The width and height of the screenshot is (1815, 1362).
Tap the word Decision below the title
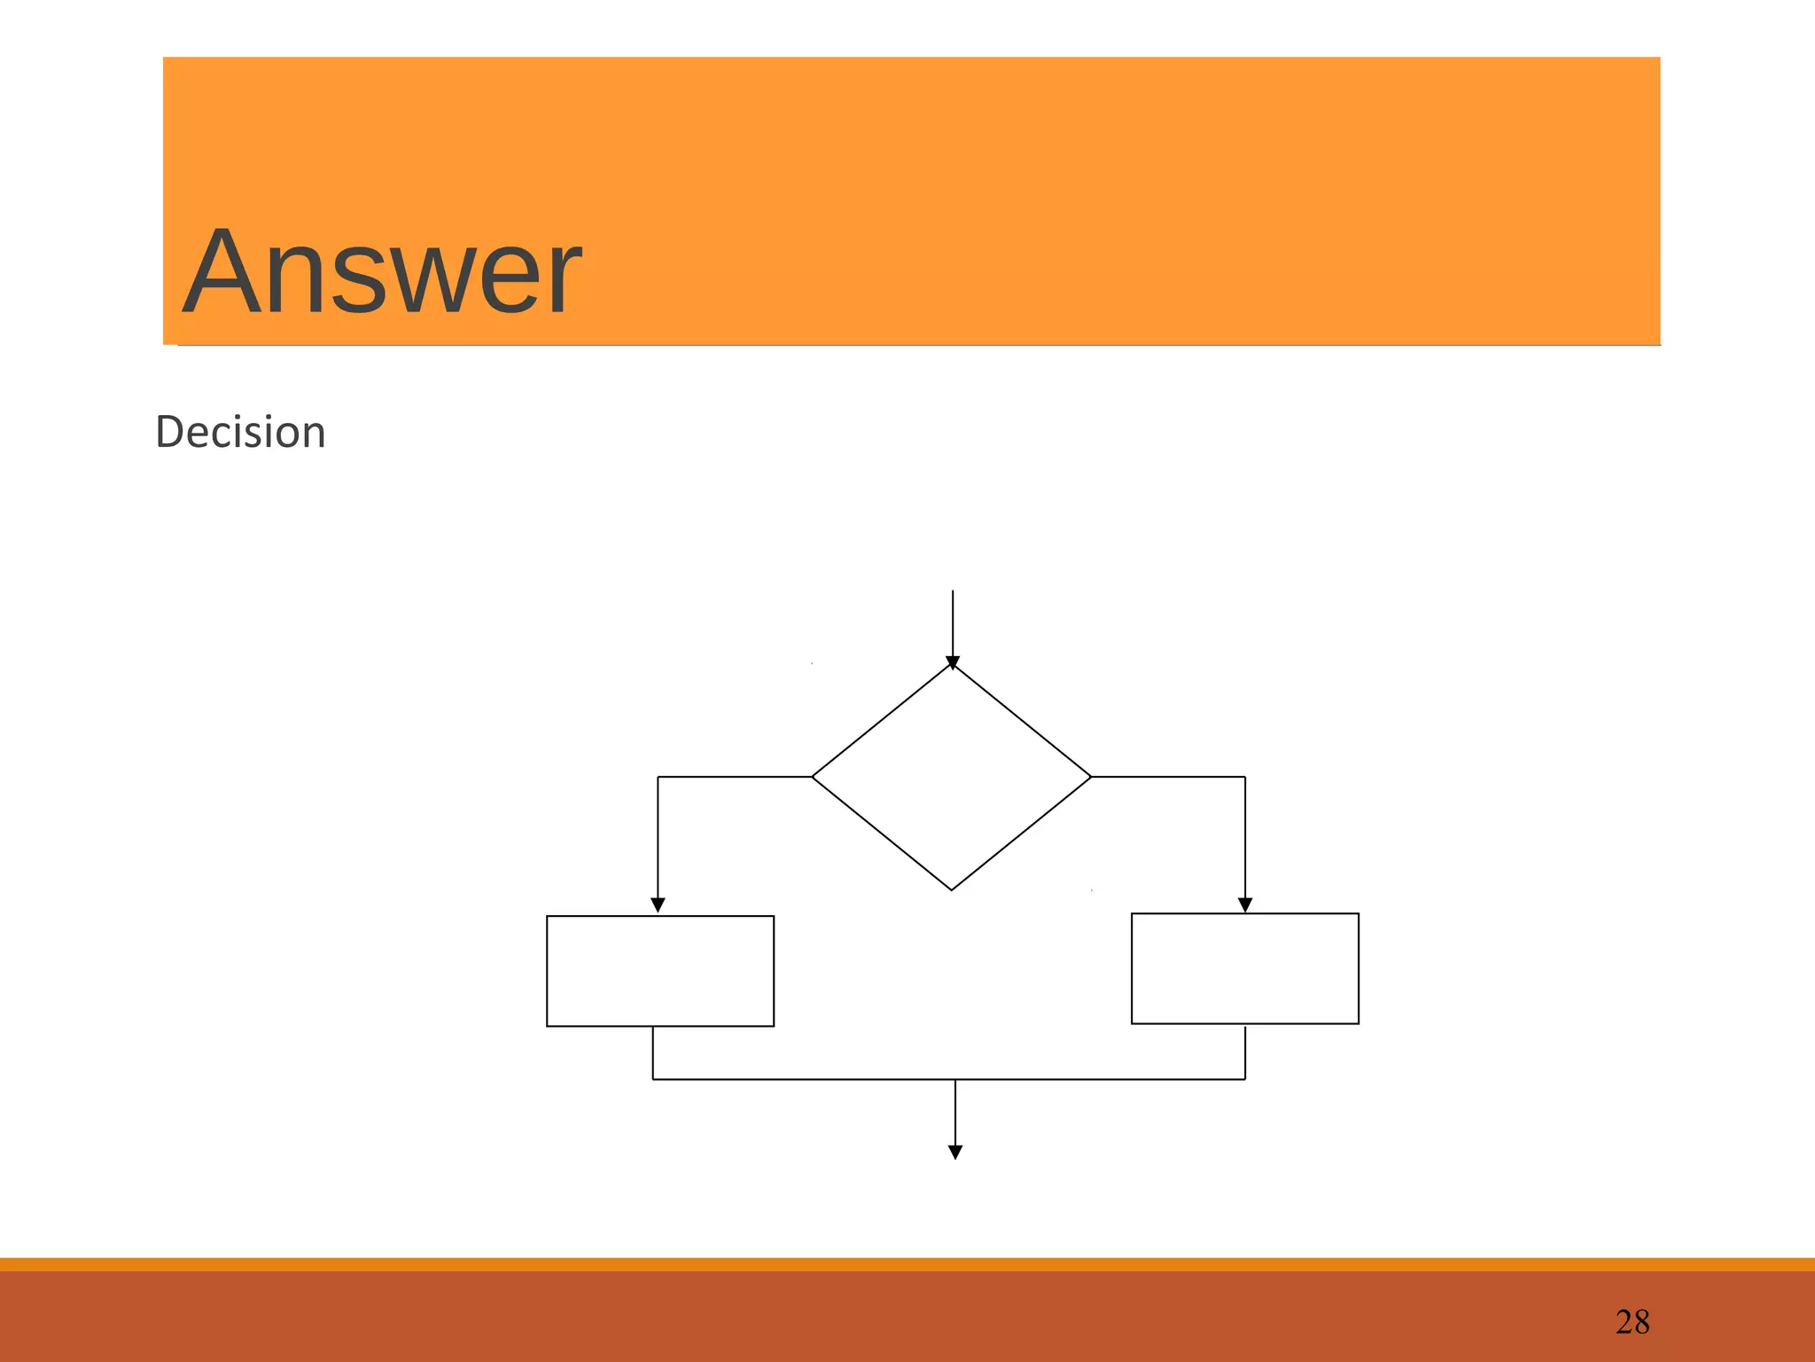pos(240,433)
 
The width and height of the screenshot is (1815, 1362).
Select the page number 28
pos(1632,1322)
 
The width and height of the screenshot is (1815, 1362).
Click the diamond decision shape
pos(952,778)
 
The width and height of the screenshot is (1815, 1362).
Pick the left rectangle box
pos(660,971)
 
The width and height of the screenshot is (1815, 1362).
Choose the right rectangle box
pos(1244,968)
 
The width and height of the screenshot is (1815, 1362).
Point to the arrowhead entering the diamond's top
pos(953,662)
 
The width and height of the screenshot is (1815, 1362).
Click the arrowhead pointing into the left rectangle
pos(658,905)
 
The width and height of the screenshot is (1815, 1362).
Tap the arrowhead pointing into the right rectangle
pos(1245,905)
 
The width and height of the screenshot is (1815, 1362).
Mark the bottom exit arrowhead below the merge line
pos(955,1152)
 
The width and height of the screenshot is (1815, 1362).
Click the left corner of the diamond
pos(814,777)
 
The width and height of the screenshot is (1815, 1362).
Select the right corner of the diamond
pos(1090,777)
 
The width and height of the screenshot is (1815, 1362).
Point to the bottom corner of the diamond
pos(952,888)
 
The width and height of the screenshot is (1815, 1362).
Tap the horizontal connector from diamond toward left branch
pos(735,777)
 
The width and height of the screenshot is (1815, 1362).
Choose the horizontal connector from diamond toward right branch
pos(1168,777)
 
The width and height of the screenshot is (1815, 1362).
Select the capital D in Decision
pos(168,433)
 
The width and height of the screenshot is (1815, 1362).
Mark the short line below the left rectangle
pos(653,1053)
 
